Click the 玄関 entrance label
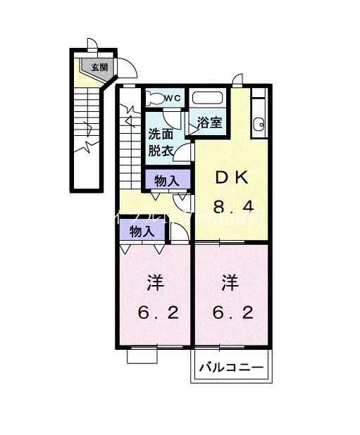99,68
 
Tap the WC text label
173,98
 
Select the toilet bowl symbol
154,97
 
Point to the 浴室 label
209,122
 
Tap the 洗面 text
161,134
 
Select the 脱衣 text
161,149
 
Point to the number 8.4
231,206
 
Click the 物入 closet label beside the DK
166,181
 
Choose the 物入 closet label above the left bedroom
142,230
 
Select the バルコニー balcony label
230,367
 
